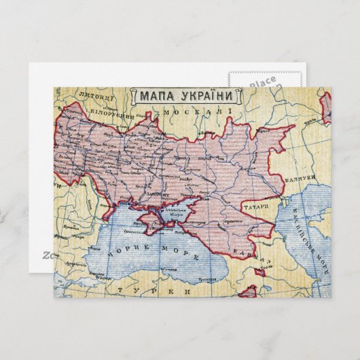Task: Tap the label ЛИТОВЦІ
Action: point(94,96)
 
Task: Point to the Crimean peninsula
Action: point(158,225)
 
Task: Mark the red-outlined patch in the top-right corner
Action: point(326,107)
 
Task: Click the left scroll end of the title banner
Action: point(134,96)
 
